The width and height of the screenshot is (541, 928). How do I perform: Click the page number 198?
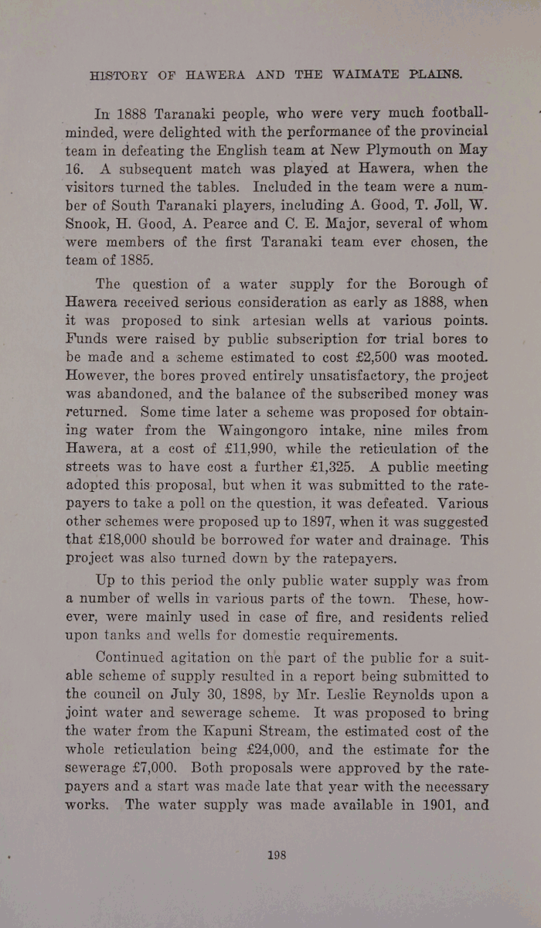point(277,855)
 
